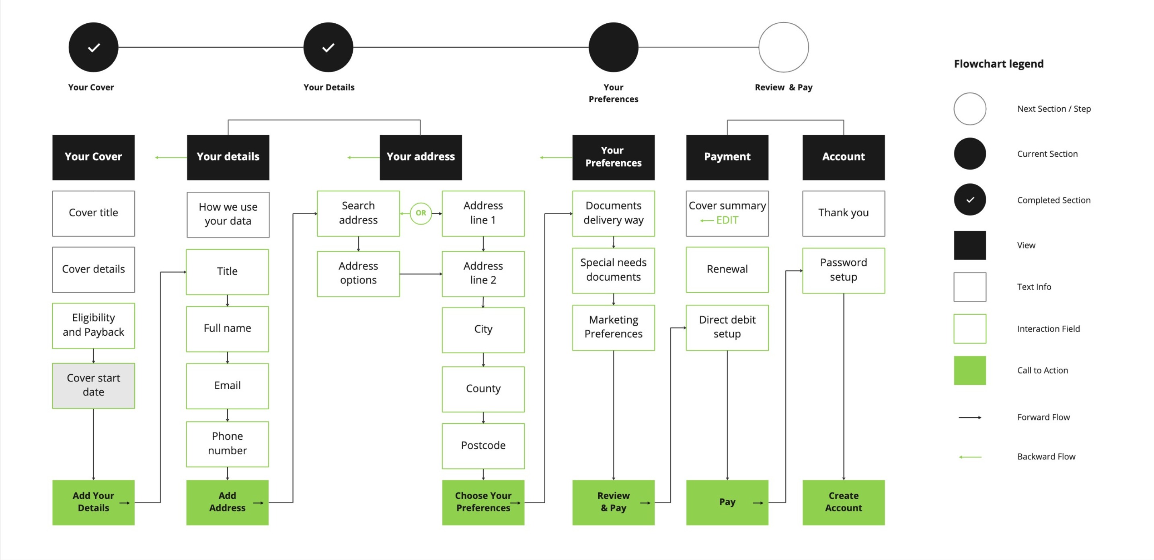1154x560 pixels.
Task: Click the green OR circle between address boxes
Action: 421,213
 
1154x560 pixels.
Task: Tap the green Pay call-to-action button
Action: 727,502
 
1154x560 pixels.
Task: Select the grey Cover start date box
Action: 93,385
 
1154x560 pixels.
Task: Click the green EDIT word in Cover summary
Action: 727,220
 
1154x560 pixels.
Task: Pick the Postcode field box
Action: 483,445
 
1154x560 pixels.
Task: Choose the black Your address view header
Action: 420,157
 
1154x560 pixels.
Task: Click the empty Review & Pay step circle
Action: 783,47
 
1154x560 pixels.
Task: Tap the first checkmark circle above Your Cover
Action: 93,47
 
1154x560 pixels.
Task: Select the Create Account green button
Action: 843,502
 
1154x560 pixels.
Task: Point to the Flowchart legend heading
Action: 998,64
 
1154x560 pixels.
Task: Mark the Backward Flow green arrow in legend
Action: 969,457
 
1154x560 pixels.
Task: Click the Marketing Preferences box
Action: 613,327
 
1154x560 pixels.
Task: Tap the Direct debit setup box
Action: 727,327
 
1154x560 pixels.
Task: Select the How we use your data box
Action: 228,214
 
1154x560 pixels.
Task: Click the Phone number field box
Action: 227,443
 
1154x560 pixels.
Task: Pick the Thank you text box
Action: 843,213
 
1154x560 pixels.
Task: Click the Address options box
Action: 358,273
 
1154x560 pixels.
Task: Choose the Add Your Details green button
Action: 93,502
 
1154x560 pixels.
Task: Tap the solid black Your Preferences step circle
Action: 613,47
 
